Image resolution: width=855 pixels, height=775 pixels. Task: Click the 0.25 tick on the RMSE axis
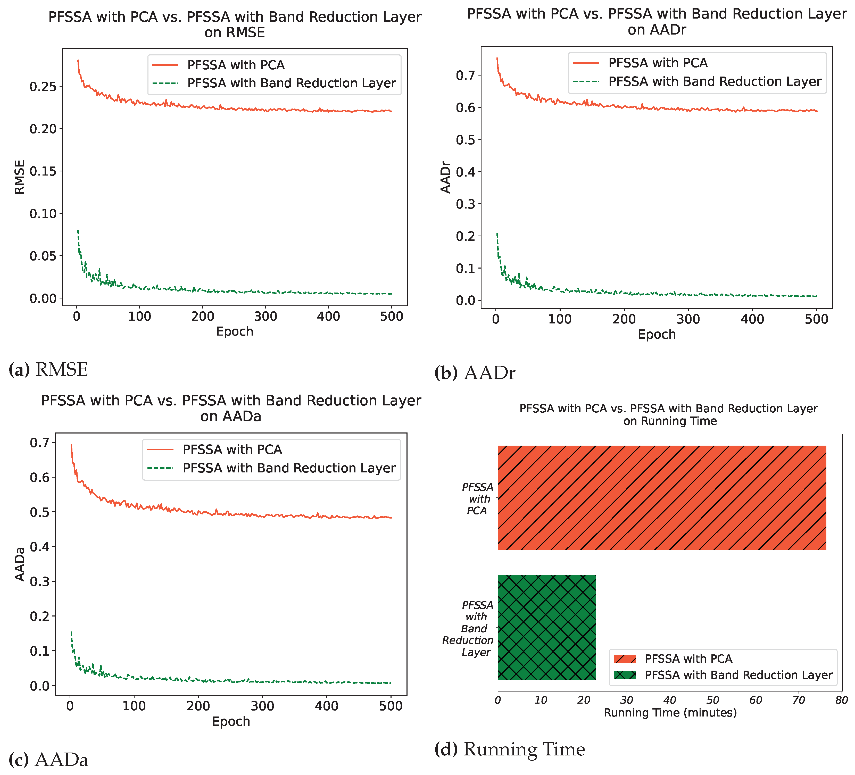pyautogui.click(x=43, y=87)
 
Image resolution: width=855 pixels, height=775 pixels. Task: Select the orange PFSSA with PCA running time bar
pyautogui.click(x=662, y=497)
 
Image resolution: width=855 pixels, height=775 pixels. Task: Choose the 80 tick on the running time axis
pyautogui.click(x=841, y=700)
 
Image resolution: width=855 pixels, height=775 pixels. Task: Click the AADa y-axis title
pyautogui.click(x=20, y=564)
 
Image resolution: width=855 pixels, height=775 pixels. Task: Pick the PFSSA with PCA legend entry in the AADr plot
pyautogui.click(x=658, y=63)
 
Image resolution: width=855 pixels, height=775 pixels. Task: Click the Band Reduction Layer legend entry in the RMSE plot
pyautogui.click(x=291, y=83)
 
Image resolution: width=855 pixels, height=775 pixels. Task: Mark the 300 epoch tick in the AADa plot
pyautogui.click(x=262, y=706)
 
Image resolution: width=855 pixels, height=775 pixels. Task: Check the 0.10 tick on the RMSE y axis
pyautogui.click(x=43, y=214)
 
